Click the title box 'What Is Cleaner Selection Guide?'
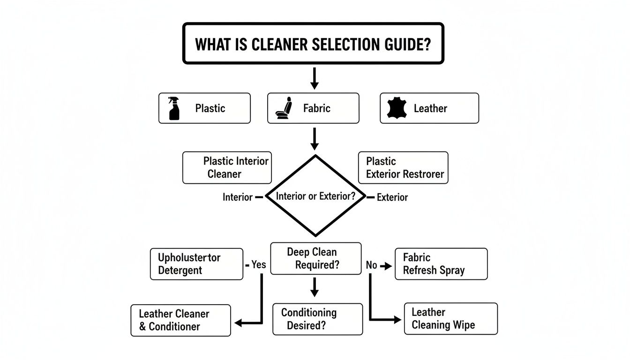pyautogui.click(x=313, y=44)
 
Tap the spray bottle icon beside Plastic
pyautogui.click(x=174, y=108)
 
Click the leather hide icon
pyautogui.click(x=395, y=108)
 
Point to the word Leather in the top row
pyautogui.click(x=430, y=108)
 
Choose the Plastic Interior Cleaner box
pyautogui.click(x=227, y=167)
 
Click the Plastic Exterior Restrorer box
pyautogui.click(x=403, y=167)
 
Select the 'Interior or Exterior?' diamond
pyautogui.click(x=315, y=196)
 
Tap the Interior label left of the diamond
pyautogui.click(x=237, y=197)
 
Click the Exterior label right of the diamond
pyautogui.click(x=392, y=197)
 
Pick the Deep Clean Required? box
pyautogui.click(x=315, y=258)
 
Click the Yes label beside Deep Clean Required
pyautogui.click(x=259, y=265)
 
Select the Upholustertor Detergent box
pyautogui.click(x=197, y=264)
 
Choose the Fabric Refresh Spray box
pyautogui.click(x=441, y=264)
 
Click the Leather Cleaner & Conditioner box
pyautogui.click(x=180, y=320)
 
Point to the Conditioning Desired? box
pyautogui.click(x=317, y=319)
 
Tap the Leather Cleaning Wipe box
pyautogui.click(x=450, y=318)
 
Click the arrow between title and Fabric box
pyautogui.click(x=315, y=78)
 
